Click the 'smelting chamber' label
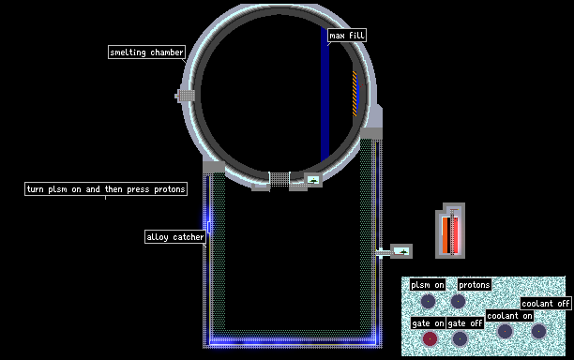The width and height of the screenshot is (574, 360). tap(146, 52)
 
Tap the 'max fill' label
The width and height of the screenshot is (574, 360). tap(347, 35)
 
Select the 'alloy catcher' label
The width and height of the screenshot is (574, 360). tap(175, 236)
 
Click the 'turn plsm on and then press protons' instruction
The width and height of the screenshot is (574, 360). tap(106, 188)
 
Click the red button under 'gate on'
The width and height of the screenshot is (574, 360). tap(430, 338)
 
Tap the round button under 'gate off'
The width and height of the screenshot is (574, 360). tap(460, 338)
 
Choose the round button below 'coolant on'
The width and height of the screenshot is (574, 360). tap(506, 331)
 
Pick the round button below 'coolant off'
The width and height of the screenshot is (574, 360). tap(538, 331)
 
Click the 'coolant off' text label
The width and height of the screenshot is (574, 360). tap(546, 304)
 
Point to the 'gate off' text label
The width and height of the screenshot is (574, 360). tap(465, 323)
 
